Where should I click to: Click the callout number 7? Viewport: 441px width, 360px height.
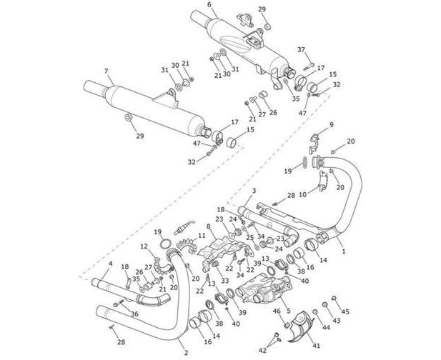point(106,71)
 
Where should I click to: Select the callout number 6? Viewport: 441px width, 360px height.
point(209,5)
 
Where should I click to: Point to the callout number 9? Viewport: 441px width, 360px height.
point(331,126)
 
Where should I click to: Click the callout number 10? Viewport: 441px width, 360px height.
point(302,194)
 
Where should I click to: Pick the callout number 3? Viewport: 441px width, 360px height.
point(253,189)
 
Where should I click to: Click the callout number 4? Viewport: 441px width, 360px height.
point(110,264)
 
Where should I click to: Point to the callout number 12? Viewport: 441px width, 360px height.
point(144,246)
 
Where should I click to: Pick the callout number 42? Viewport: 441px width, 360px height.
point(262,350)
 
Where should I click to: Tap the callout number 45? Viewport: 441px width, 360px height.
point(347,311)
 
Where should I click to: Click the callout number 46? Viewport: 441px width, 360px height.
point(277,311)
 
